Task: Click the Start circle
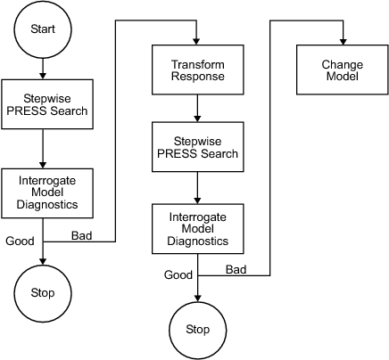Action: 42,29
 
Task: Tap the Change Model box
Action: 340,70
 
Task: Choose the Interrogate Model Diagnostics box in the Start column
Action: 42,192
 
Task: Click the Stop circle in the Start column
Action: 42,292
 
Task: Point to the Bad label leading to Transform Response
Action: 81,235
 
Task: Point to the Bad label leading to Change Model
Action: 236,269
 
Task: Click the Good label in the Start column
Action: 20,241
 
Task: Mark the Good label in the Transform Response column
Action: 178,274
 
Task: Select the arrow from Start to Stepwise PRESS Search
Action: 42,68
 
